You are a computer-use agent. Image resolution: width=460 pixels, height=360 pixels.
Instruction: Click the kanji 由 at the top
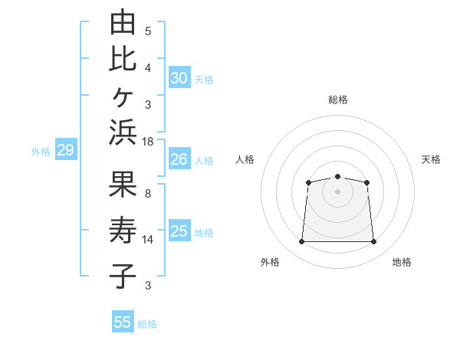point(123,21)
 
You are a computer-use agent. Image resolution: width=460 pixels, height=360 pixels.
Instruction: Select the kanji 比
point(123,60)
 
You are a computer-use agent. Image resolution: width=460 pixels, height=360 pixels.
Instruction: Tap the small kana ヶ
point(123,97)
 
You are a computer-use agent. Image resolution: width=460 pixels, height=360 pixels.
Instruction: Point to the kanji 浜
point(123,132)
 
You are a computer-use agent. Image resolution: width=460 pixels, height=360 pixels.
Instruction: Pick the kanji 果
point(123,184)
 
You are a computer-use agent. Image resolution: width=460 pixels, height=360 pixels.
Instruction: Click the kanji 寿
point(123,230)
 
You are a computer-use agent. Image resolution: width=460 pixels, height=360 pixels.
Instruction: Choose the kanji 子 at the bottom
point(123,276)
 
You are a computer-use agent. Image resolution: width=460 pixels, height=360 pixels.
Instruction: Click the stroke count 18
point(147,142)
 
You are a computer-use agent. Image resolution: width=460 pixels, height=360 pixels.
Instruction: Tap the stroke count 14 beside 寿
point(147,240)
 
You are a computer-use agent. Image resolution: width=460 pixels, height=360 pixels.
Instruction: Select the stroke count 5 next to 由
point(148,31)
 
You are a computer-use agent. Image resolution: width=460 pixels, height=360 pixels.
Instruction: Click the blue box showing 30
point(179,77)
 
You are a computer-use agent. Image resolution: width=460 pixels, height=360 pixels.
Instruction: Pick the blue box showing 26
point(179,159)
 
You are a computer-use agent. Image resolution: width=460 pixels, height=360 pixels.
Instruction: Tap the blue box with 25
point(179,230)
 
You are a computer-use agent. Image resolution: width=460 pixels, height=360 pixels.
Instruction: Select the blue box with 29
point(66,149)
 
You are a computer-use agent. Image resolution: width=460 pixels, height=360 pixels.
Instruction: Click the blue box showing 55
point(123,321)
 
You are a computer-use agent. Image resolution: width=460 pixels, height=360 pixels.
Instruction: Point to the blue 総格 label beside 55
point(147,324)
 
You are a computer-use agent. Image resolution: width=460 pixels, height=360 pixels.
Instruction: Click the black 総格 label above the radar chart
point(338,100)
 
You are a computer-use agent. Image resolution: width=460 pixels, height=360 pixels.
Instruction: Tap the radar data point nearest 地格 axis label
point(373,241)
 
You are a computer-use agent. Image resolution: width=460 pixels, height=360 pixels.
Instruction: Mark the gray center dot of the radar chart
point(337,191)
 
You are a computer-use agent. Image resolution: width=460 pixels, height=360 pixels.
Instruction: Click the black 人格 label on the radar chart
point(245,159)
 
